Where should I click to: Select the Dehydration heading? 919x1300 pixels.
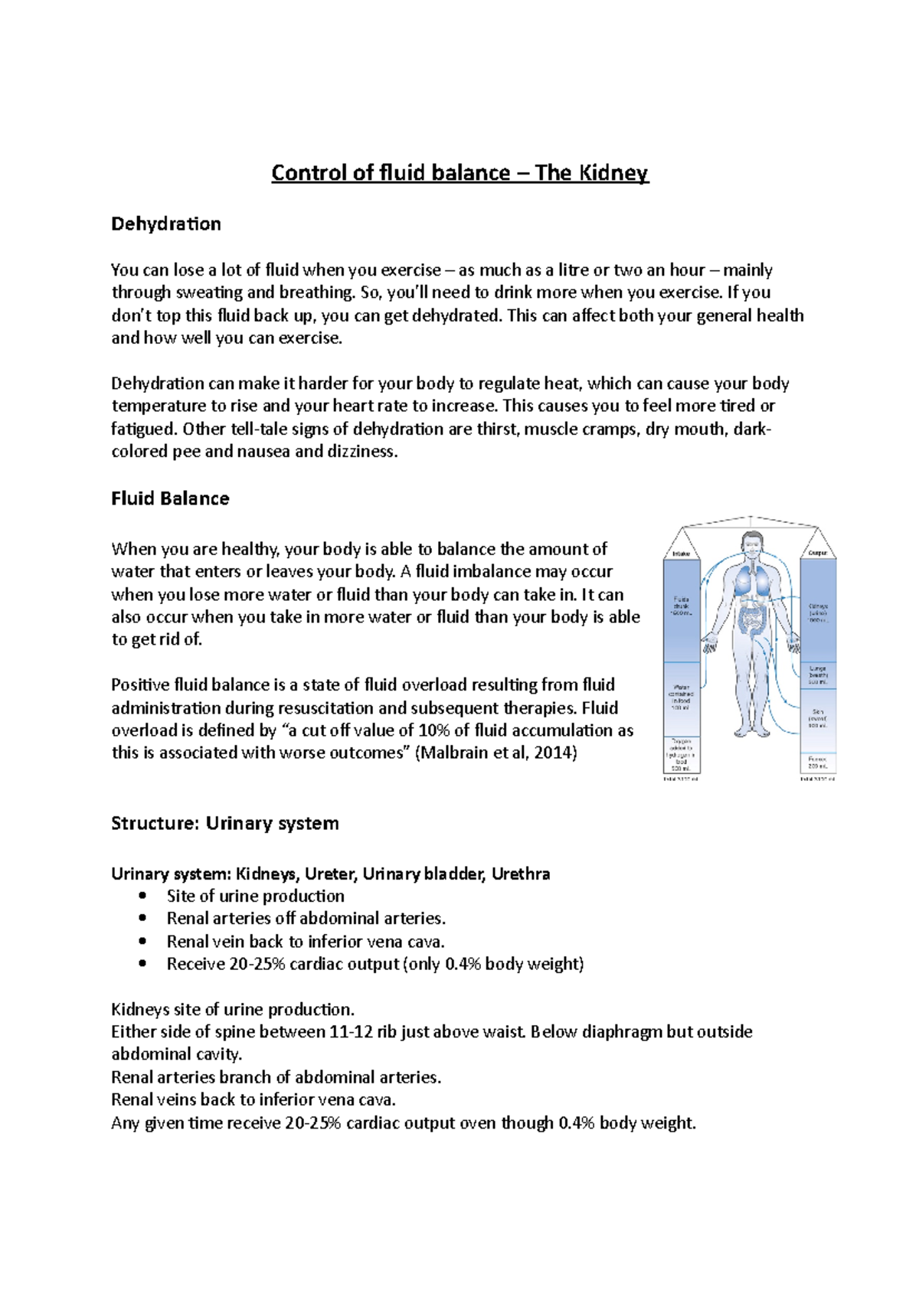(x=166, y=224)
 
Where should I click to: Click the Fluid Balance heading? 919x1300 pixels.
(x=170, y=499)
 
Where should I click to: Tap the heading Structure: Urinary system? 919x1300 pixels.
(x=224, y=824)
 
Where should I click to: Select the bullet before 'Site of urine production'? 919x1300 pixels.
(x=142, y=897)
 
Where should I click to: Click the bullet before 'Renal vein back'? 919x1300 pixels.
(x=142, y=942)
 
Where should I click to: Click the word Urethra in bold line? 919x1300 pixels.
(x=521, y=874)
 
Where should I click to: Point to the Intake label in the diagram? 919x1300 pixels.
(x=681, y=554)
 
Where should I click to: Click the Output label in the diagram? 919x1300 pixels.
(x=818, y=553)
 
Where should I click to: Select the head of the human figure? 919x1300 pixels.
(x=751, y=544)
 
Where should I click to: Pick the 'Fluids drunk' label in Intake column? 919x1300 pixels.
(x=681, y=606)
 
